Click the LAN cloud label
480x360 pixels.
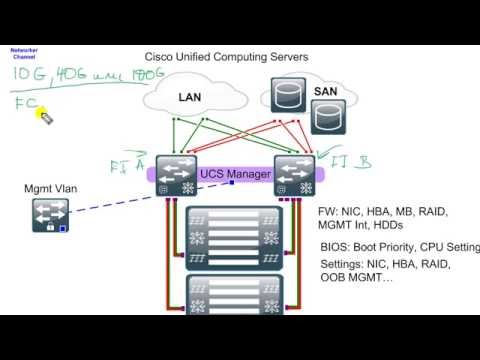pyautogui.click(x=190, y=97)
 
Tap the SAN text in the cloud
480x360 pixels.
pyautogui.click(x=325, y=91)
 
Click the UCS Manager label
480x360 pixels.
pyautogui.click(x=235, y=174)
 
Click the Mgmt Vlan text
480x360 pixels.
pyautogui.click(x=49, y=188)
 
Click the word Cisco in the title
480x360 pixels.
pyautogui.click(x=162, y=57)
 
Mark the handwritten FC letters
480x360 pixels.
pyautogui.click(x=25, y=103)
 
